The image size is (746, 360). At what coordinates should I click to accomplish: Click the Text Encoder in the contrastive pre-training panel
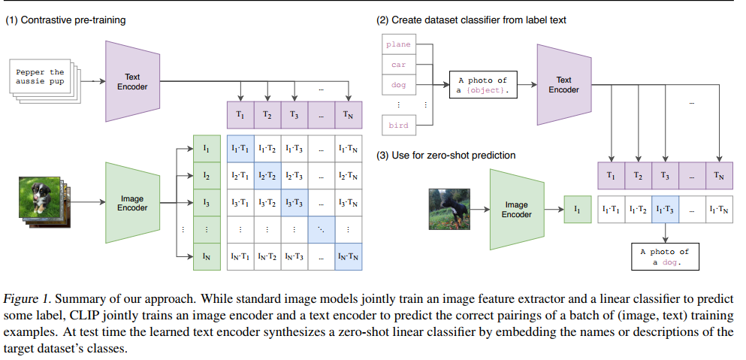click(x=131, y=81)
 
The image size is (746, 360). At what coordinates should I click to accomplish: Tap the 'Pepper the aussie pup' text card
click(x=41, y=77)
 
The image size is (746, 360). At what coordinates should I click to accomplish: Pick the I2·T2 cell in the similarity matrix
click(x=267, y=175)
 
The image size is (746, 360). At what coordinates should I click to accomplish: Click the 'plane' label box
click(x=398, y=44)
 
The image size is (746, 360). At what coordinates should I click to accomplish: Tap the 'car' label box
click(x=398, y=65)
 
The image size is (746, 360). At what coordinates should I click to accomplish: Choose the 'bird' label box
click(x=398, y=126)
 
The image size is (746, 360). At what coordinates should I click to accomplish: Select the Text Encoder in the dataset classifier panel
click(x=563, y=84)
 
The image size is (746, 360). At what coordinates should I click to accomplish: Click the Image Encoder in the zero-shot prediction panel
click(x=516, y=209)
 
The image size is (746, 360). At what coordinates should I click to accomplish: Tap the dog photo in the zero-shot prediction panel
click(x=449, y=208)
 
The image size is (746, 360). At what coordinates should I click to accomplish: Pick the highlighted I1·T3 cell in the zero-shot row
click(x=665, y=210)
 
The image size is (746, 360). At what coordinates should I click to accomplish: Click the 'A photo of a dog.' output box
click(x=665, y=256)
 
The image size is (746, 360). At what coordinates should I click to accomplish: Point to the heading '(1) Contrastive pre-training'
click(x=66, y=20)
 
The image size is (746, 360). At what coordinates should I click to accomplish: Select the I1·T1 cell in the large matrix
click(x=240, y=148)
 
